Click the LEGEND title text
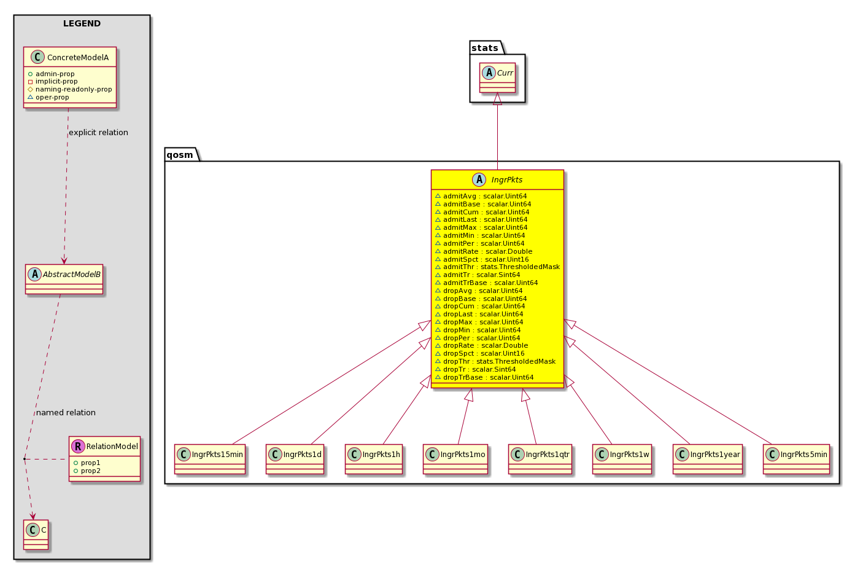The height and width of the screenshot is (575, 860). click(82, 23)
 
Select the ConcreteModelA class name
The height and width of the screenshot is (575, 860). click(77, 57)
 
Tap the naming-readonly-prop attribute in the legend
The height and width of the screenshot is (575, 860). click(74, 89)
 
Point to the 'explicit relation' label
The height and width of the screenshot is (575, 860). click(98, 133)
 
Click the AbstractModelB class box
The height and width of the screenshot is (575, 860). click(64, 280)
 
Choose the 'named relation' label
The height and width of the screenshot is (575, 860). click(66, 413)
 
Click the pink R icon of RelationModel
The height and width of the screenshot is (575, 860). click(78, 446)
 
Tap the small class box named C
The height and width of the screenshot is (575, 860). click(36, 534)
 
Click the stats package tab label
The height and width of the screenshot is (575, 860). click(484, 48)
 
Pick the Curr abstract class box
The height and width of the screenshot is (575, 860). click(498, 77)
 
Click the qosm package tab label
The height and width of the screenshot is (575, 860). click(179, 155)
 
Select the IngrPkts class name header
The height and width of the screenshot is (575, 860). click(507, 180)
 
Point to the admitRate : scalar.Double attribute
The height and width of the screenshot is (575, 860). click(487, 251)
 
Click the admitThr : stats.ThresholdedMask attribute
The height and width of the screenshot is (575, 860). click(502, 267)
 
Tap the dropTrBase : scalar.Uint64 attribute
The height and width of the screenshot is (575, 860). click(489, 377)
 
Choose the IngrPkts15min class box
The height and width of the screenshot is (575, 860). click(210, 460)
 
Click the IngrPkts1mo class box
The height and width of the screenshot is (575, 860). click(455, 460)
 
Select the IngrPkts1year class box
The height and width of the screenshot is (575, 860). click(708, 460)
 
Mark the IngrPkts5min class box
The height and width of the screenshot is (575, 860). click(796, 460)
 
